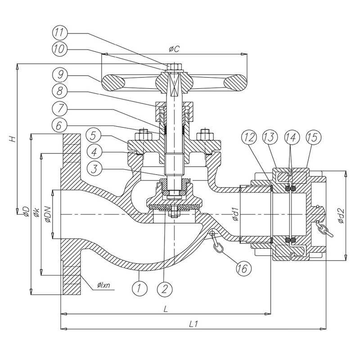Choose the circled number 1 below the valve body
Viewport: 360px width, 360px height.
coord(139,286)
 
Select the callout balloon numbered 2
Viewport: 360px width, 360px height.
coord(165,286)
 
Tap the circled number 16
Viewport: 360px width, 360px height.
coord(242,269)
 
